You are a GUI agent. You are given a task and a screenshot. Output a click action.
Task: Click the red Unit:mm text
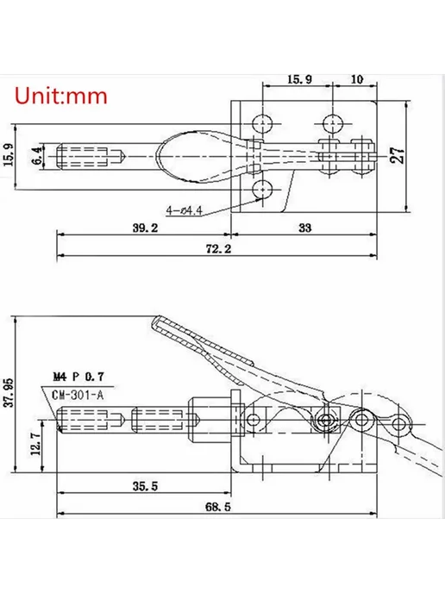[x=61, y=96]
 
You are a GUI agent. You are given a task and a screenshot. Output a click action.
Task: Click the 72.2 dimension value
[x=219, y=249]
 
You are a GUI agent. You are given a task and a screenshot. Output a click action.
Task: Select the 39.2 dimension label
[x=145, y=228]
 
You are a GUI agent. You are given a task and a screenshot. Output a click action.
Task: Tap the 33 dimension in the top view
[x=305, y=228]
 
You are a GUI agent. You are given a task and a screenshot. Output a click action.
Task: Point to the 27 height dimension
[x=398, y=155]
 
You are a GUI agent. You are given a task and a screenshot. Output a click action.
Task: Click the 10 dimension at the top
[x=357, y=79]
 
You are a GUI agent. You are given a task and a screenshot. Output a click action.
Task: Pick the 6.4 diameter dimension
[x=37, y=156]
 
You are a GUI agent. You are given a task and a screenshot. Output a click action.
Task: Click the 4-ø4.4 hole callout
[x=185, y=210]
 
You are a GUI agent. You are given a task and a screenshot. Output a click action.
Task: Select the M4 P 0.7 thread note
[x=78, y=377]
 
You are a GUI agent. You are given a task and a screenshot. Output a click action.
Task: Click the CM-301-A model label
[x=78, y=396]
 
